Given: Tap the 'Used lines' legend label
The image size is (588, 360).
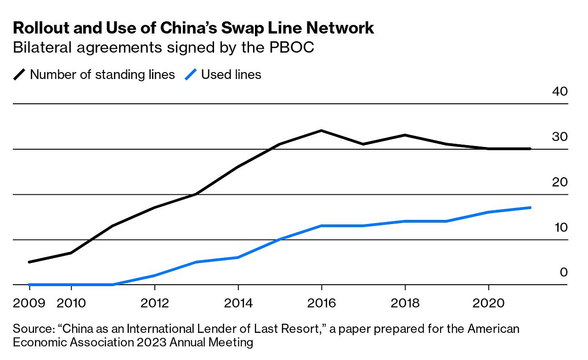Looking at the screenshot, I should point(231,74).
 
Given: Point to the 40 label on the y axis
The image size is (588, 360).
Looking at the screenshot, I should point(560,91).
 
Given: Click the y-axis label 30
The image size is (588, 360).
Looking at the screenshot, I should point(560,137).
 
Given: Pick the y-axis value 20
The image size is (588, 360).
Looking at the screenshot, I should point(560,182).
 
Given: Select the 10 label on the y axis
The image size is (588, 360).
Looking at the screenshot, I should point(560,227).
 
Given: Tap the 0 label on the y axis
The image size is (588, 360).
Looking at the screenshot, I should point(564,272).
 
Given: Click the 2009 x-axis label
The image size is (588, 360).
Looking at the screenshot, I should point(29,303).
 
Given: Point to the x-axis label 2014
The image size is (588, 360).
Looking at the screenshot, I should point(238,303).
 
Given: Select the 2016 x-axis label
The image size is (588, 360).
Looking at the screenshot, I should point(322,303).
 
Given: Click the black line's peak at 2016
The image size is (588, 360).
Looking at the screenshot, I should point(321,131).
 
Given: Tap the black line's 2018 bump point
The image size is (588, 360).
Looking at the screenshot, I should point(405,135).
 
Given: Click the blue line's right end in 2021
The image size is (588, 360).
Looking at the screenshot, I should point(531,208).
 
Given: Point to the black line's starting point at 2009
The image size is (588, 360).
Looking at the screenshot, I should point(29,262).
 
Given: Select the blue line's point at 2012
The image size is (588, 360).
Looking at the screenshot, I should point(155,276).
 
